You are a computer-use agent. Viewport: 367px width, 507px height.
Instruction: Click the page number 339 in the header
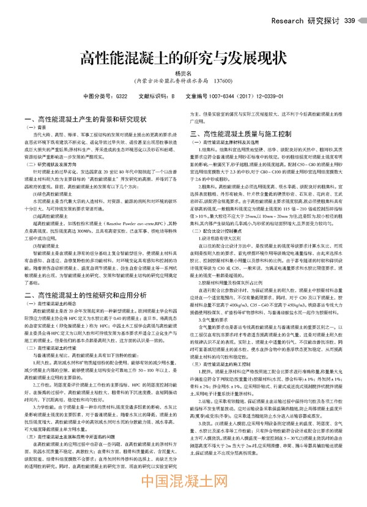350,21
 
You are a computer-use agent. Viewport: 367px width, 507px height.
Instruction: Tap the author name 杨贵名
183,73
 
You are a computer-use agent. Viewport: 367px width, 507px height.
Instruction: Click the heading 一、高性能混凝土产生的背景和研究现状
84,119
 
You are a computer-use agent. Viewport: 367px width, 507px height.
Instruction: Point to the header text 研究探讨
324,21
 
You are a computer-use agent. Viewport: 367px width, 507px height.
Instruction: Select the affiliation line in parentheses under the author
183,81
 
